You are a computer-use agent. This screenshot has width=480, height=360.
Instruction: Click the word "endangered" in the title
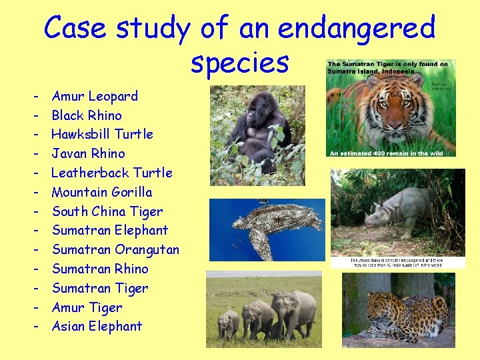(x=356, y=28)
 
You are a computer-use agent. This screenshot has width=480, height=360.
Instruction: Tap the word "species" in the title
(x=240, y=63)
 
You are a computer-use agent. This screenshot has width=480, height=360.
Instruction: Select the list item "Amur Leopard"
(x=95, y=96)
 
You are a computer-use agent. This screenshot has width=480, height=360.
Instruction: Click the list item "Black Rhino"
(x=87, y=115)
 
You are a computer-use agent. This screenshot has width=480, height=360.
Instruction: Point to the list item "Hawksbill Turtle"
(x=102, y=134)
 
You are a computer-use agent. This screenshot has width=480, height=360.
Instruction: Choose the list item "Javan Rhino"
(x=88, y=153)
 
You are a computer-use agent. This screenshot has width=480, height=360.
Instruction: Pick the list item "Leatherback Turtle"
(x=111, y=173)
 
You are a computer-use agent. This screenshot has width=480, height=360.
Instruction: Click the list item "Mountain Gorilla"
(x=101, y=192)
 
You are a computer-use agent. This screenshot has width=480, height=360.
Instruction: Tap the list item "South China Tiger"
(x=107, y=211)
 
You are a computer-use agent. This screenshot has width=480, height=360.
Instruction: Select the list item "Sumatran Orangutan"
(x=115, y=249)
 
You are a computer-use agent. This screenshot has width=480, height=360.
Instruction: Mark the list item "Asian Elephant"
(x=97, y=326)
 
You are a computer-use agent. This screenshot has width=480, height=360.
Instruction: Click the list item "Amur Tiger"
(x=87, y=307)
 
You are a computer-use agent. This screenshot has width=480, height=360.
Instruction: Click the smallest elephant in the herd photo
(x=228, y=323)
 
